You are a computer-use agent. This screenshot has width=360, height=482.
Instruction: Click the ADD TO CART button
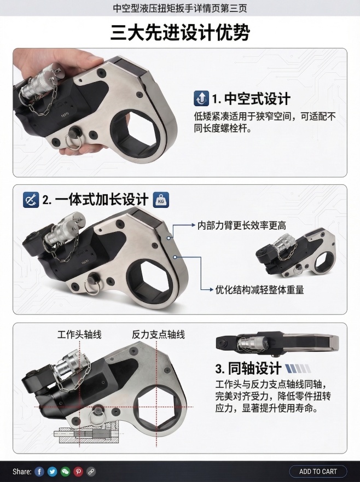pyautogui.click(x=318, y=471)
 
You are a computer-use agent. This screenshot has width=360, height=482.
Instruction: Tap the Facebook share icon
pyautogui.click(x=39, y=472)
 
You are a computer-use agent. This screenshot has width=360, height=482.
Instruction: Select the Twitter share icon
pyautogui.click(x=52, y=472)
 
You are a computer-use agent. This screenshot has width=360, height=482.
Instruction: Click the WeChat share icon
pyautogui.click(x=65, y=472)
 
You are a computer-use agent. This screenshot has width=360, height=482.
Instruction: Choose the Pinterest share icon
pyautogui.click(x=78, y=472)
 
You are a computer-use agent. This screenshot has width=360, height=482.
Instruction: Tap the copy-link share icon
pyautogui.click(x=91, y=472)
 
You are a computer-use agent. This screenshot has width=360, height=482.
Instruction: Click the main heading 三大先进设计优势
pyautogui.click(x=180, y=32)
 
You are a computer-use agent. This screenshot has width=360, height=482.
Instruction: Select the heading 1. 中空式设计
pyautogui.click(x=251, y=98)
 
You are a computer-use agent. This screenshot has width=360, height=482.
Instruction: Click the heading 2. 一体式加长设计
pyautogui.click(x=95, y=200)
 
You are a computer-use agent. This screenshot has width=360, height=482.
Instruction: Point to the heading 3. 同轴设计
pyautogui.click(x=248, y=368)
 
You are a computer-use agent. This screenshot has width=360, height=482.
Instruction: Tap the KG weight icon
pyautogui.click(x=160, y=200)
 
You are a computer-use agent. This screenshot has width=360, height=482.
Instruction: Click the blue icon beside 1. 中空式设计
pyautogui.click(x=201, y=98)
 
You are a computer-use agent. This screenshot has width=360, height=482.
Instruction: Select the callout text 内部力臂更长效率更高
pyautogui.click(x=242, y=225)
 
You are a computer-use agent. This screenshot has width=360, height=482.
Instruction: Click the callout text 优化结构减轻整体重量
pyautogui.click(x=259, y=289)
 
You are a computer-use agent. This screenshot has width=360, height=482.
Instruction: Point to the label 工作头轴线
pyautogui.click(x=79, y=334)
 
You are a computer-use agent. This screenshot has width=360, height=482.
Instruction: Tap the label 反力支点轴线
pyautogui.click(x=159, y=334)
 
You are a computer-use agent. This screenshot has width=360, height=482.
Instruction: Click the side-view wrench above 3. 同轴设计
pyautogui.click(x=277, y=342)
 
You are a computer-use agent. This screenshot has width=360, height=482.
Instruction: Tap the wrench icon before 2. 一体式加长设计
pyautogui.click(x=31, y=200)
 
